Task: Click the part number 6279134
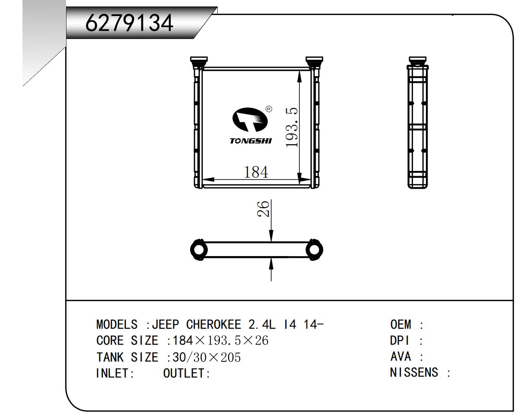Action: tap(129, 23)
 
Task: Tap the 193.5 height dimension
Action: tap(292, 127)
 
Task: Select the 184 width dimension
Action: tap(256, 172)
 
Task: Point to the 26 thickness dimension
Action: tap(263, 209)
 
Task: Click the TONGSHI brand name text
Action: tap(251, 141)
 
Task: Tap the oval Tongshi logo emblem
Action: tap(250, 119)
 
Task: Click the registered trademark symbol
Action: tap(269, 109)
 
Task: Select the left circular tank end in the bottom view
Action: tap(199, 249)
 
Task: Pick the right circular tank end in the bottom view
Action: tap(314, 249)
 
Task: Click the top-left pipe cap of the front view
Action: tap(199, 60)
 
